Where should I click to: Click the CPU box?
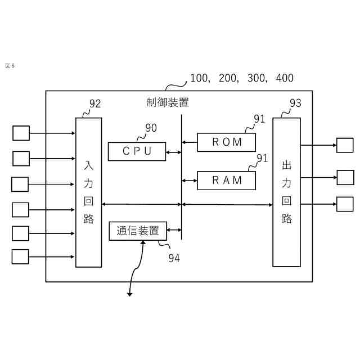[x=137, y=151]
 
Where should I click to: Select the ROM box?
[x=227, y=142]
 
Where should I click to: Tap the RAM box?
[x=227, y=180]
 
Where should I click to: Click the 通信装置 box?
[x=138, y=231]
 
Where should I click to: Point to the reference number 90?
[x=151, y=128]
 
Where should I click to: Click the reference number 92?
[x=95, y=103]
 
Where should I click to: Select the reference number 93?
[x=295, y=103]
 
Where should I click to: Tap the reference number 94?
[x=174, y=258]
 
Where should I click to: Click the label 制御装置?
[x=168, y=102]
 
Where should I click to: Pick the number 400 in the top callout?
[x=285, y=78]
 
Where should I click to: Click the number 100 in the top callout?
[x=199, y=78]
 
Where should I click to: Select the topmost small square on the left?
[x=21, y=133]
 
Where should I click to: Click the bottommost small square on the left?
[x=20, y=256]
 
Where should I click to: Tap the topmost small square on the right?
[x=345, y=145]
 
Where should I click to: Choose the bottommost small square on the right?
[x=345, y=204]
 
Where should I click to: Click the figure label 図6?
[x=10, y=66]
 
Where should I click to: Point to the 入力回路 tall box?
[x=89, y=192]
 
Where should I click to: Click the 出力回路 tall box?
[x=286, y=192]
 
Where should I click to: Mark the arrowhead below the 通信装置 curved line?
[x=129, y=294]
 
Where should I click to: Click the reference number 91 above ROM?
[x=259, y=119]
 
